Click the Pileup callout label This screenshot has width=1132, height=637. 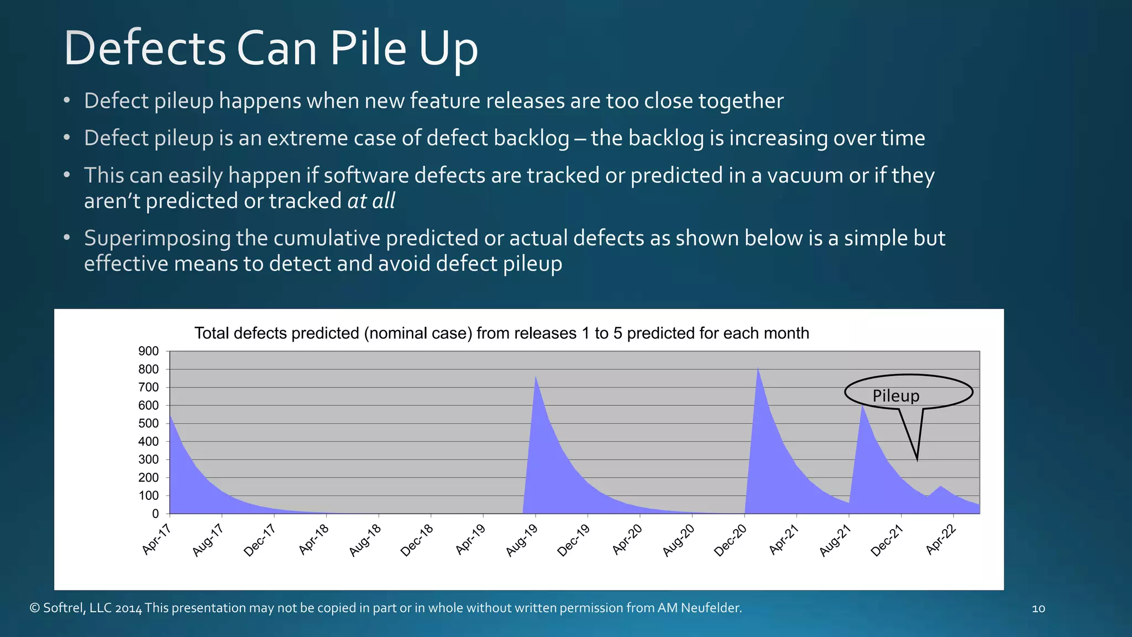(896, 396)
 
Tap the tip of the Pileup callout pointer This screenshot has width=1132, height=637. (917, 460)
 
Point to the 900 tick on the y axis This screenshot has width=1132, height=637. (148, 351)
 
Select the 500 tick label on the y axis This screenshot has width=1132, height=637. (148, 424)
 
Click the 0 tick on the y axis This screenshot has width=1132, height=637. (155, 514)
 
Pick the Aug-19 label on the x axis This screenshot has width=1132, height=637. (522, 541)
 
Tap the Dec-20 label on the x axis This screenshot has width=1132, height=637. (730, 541)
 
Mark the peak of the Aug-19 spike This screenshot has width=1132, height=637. (536, 377)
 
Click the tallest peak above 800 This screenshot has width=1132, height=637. (758, 367)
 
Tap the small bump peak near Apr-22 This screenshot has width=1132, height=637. (940, 486)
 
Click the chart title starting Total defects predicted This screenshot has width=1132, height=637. (501, 333)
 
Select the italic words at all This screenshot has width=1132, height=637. (371, 201)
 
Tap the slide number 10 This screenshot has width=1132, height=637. (1038, 609)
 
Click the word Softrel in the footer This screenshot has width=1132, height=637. (64, 608)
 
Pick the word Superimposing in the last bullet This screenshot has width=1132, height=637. (158, 238)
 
